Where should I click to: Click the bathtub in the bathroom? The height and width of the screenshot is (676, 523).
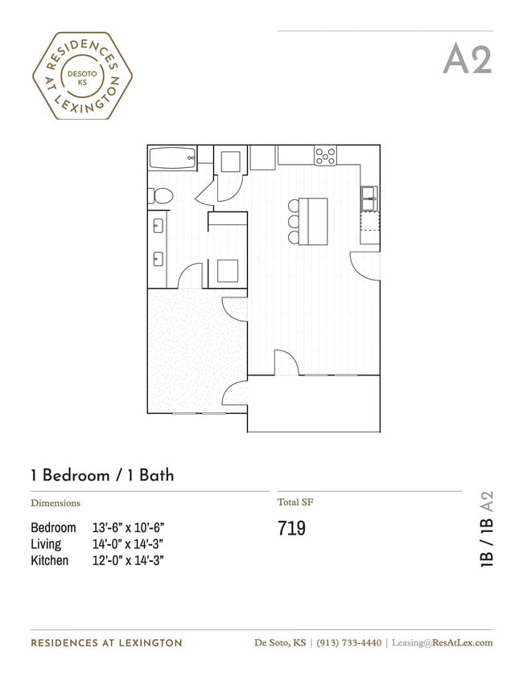(x=172, y=157)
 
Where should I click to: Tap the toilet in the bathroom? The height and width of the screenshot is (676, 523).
(x=160, y=195)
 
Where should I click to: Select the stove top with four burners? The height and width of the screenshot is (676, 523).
(x=325, y=155)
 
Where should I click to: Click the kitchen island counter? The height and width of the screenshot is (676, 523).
(x=315, y=221)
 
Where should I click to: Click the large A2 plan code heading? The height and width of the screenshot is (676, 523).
(x=467, y=59)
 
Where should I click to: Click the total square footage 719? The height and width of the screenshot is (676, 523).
(x=291, y=529)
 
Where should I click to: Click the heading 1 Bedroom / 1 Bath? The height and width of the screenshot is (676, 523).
(x=102, y=475)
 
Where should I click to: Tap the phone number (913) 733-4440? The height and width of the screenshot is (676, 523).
(x=348, y=642)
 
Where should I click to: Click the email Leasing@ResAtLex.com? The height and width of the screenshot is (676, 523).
(x=442, y=642)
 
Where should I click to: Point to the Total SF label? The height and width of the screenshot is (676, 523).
(x=294, y=502)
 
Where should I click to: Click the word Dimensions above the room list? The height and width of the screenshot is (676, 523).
(x=56, y=503)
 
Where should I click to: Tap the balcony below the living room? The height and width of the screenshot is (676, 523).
(x=314, y=404)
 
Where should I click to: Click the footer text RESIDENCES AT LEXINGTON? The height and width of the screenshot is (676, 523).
(x=106, y=643)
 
